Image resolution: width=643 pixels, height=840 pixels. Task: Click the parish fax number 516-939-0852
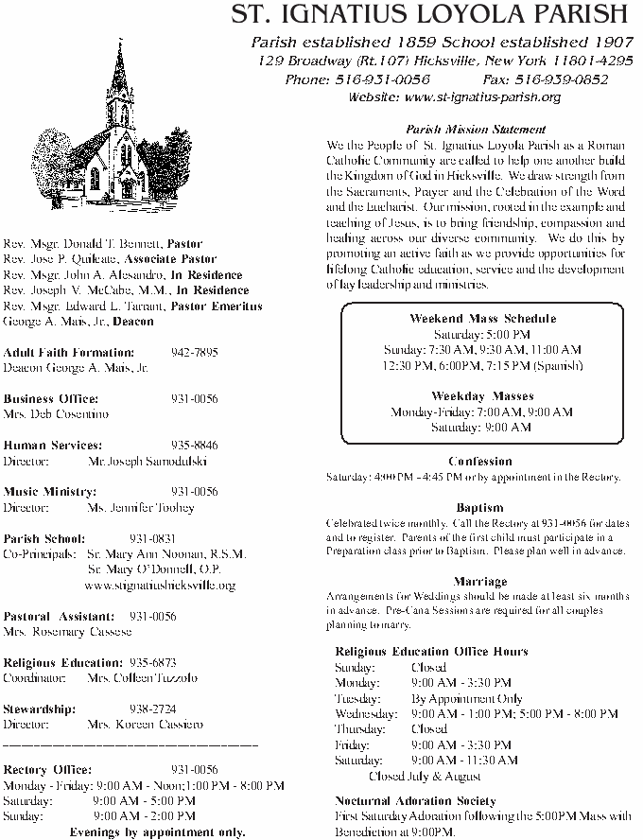558,79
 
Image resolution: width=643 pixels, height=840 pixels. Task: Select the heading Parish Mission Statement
476,129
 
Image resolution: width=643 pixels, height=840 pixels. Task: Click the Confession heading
480,462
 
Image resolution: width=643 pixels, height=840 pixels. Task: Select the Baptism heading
479,508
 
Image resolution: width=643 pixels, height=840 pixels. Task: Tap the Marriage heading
480,581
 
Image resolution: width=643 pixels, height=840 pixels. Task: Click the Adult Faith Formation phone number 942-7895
195,352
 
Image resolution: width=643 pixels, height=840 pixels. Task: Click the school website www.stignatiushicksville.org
160,586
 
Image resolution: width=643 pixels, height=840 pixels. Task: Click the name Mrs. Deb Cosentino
57,414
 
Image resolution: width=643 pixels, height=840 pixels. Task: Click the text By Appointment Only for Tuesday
467,698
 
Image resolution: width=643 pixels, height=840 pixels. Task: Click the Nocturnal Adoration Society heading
415,800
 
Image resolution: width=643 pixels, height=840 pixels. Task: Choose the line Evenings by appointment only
157,832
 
